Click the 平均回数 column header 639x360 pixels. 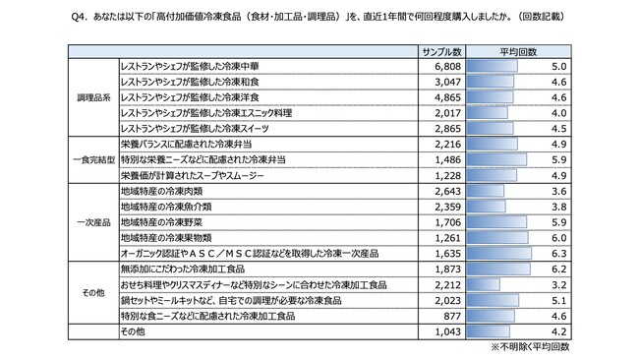point(517,48)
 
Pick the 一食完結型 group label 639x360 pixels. point(88,159)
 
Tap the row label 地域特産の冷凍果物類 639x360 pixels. point(167,236)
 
